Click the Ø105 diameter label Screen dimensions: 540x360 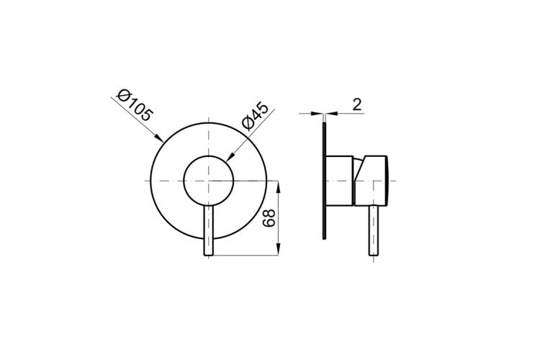click(x=135, y=105)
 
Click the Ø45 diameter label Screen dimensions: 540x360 click(x=255, y=116)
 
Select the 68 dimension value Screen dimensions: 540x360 click(x=269, y=217)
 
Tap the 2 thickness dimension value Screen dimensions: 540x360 click(x=357, y=104)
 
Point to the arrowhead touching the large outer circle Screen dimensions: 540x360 click(x=159, y=138)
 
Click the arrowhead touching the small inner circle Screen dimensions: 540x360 click(x=230, y=158)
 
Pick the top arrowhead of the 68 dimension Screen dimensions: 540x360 click(x=278, y=186)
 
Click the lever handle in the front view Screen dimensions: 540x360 click(x=209, y=231)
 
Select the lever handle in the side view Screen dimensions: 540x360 click(x=374, y=231)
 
